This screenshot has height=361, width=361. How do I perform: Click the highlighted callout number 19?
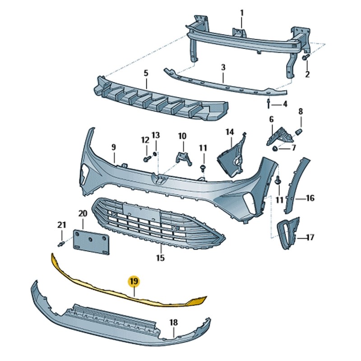coord(134,282)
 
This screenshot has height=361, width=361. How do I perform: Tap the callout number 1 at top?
coord(241,13)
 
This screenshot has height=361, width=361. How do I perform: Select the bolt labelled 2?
coord(305,59)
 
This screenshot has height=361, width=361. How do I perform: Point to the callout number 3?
coord(223,67)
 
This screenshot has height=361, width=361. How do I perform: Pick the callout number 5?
coord(146,72)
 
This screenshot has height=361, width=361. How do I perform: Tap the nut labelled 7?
coord(275,148)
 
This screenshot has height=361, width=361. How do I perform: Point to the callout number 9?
coord(114,147)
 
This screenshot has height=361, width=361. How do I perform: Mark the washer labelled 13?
coord(156,155)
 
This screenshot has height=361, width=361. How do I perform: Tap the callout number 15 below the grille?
coord(160,258)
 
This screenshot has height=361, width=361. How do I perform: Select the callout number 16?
coord(310,198)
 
